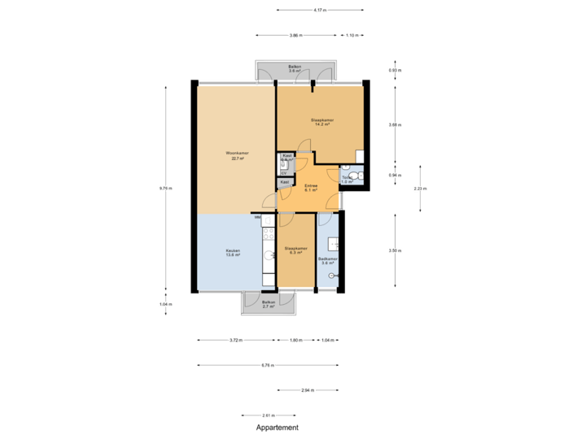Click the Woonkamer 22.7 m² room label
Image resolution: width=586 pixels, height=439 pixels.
[x=238, y=155]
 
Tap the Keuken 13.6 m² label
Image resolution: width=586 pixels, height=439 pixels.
[x=233, y=252]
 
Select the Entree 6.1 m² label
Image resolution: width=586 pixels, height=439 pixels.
[x=310, y=188]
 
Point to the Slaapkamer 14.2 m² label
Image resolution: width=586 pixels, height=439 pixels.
[x=322, y=122]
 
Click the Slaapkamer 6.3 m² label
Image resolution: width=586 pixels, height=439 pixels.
[x=295, y=250]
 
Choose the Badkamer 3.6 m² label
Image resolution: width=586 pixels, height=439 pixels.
[x=328, y=260]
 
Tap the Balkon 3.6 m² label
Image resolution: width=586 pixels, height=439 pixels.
[x=295, y=68]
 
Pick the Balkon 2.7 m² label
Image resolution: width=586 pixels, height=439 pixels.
[x=269, y=303]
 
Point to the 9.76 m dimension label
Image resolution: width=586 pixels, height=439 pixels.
[x=165, y=188]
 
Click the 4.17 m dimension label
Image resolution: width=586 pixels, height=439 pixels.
[x=320, y=11]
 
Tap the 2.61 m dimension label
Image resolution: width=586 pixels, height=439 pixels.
[x=268, y=415]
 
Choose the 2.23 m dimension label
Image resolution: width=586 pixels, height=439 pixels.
[x=420, y=188]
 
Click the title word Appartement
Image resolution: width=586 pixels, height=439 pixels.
[x=278, y=427]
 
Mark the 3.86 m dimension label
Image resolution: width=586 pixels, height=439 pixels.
[x=295, y=36]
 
